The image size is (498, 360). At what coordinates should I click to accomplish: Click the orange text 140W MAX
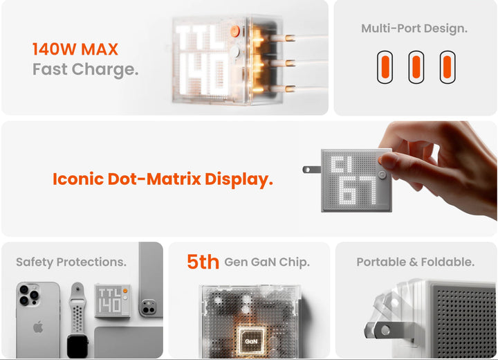click(75, 49)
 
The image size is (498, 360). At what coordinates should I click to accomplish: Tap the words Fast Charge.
click(85, 69)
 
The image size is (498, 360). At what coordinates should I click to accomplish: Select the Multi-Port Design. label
click(414, 28)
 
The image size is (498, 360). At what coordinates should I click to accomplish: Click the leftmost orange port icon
click(385, 67)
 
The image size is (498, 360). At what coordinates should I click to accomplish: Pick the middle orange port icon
click(416, 67)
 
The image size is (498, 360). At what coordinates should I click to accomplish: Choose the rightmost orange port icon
click(446, 67)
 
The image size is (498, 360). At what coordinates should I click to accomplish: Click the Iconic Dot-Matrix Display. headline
click(163, 179)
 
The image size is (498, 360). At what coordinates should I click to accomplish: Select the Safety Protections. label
click(71, 262)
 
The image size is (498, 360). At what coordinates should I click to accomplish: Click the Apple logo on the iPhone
click(38, 326)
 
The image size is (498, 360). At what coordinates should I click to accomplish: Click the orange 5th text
click(203, 262)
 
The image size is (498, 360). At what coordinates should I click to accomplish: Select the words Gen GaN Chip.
click(267, 262)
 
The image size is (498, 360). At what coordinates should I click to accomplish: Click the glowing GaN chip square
click(249, 340)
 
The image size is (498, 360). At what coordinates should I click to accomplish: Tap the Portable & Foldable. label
click(415, 262)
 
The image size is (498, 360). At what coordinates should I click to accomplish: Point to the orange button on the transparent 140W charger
click(234, 30)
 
